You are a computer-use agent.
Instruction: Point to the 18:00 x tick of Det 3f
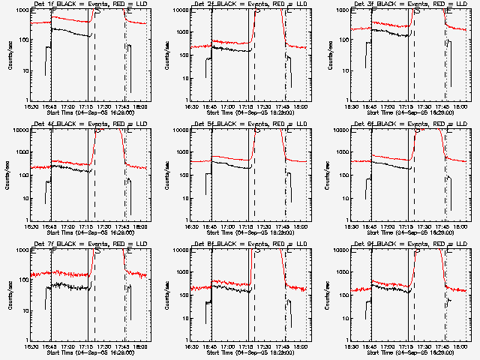[x=460, y=106]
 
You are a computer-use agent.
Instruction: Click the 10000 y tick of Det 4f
[x=19, y=130]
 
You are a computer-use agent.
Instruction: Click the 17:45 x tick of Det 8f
[x=283, y=346]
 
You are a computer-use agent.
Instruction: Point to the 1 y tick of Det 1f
[x=25, y=100]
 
